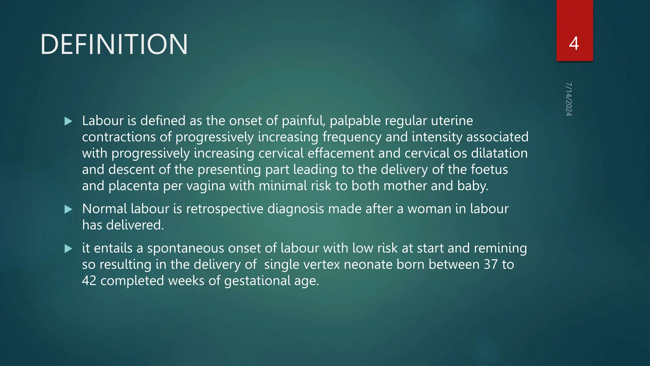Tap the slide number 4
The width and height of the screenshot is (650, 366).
tap(574, 44)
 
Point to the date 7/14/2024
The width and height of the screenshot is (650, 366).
tap(569, 99)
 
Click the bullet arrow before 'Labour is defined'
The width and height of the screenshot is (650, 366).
tap(68, 121)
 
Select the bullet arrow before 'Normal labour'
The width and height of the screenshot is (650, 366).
tap(68, 209)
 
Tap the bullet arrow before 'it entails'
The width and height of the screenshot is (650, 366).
tap(68, 248)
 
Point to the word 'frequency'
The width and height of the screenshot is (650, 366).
tap(352, 137)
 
